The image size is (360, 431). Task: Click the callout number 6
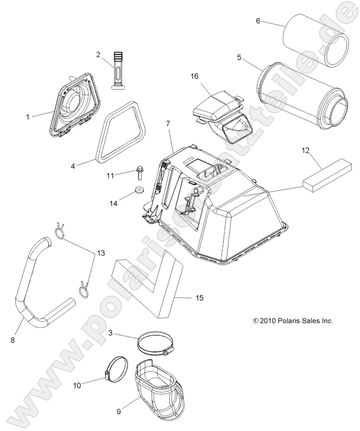point(258,21)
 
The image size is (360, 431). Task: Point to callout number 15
point(199,298)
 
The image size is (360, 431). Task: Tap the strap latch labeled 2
point(117,69)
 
